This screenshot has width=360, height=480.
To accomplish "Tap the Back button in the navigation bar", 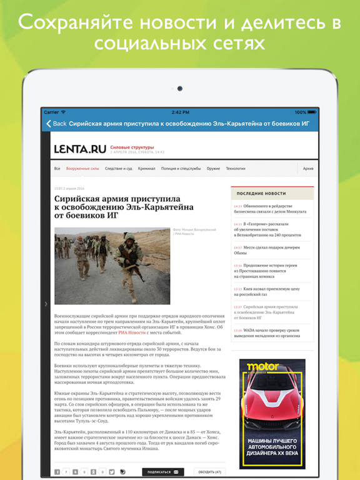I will [x=56, y=124].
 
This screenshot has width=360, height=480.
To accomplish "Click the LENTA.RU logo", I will [x=80, y=149].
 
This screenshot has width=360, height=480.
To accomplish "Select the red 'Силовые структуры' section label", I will [x=132, y=147].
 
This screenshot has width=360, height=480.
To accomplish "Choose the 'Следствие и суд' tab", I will [x=118, y=169].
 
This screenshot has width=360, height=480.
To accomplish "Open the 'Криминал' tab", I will [x=147, y=169].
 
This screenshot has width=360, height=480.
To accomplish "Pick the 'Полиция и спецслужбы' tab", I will [x=181, y=169].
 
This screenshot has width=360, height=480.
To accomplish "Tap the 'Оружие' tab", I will [x=213, y=169].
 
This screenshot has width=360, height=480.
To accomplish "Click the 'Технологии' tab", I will [x=236, y=169].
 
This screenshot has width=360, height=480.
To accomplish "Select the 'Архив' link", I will [x=308, y=169].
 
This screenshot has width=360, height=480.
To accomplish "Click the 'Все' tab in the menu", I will [x=57, y=169].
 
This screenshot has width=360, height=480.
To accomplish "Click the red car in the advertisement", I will [x=272, y=406].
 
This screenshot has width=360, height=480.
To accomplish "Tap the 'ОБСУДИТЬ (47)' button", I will [x=209, y=472].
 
